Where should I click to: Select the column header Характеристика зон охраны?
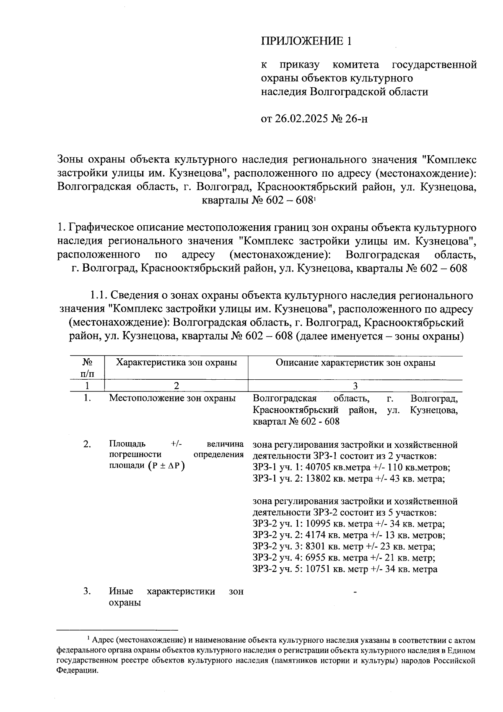coord(176,363)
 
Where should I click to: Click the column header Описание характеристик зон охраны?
coord(355,363)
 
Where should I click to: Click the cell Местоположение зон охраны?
coord(172,398)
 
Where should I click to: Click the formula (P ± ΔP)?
coord(166,466)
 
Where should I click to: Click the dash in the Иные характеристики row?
coord(355,592)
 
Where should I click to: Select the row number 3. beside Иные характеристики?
coord(87,592)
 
